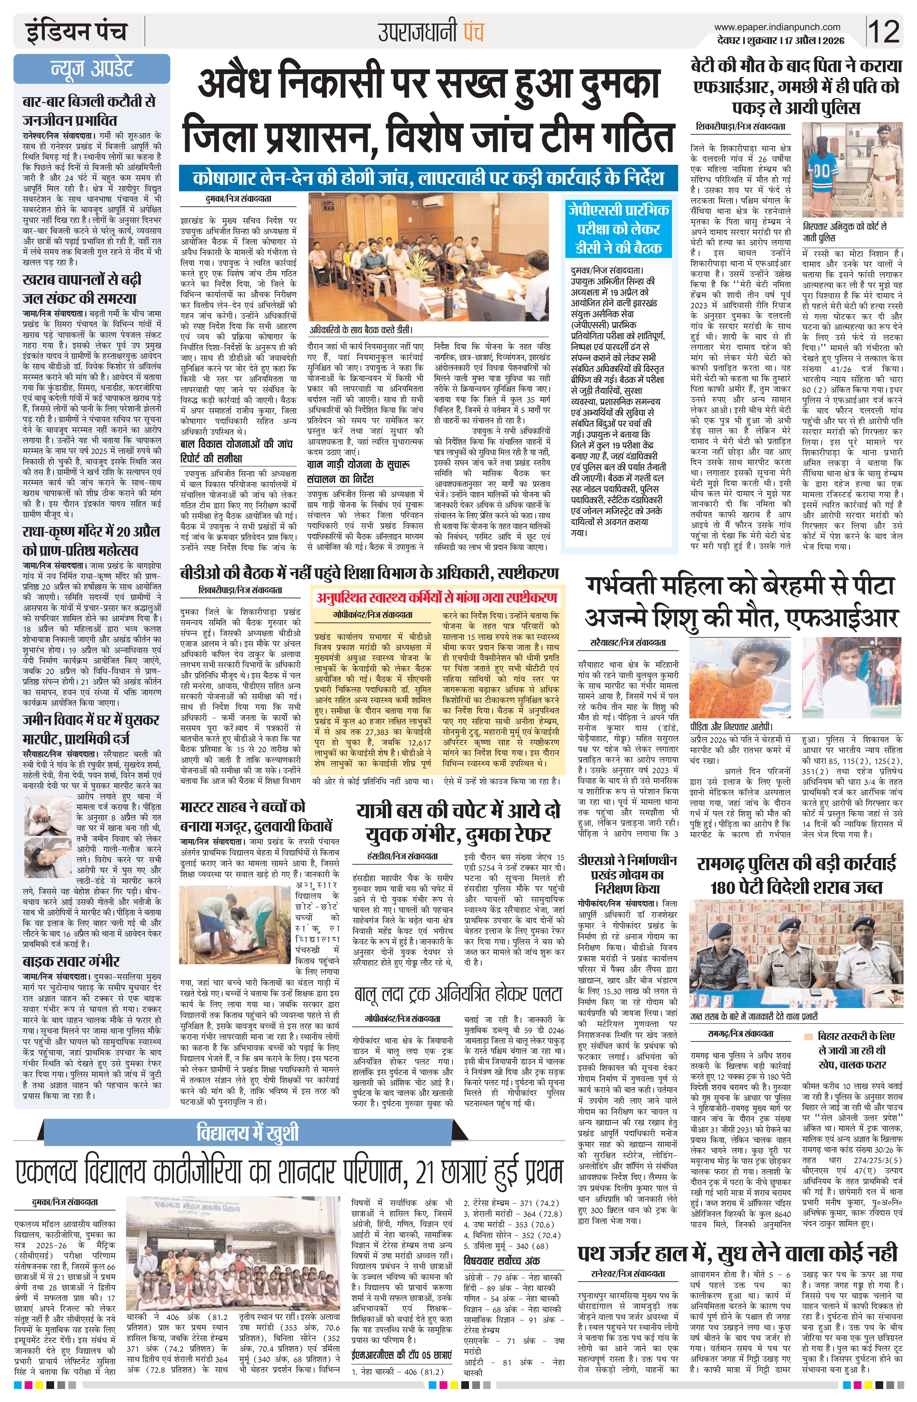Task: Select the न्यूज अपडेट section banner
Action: click(91, 68)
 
